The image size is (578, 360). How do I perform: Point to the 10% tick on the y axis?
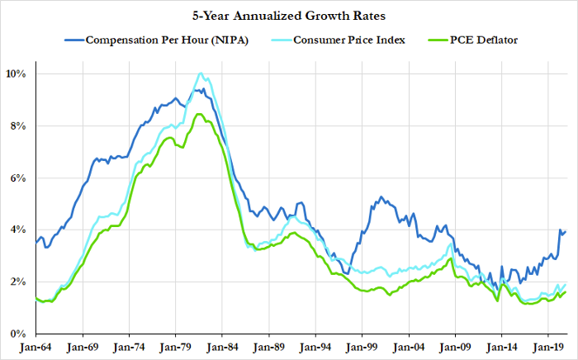[x=17, y=74]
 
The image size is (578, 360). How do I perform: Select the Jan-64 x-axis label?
[x=40, y=348]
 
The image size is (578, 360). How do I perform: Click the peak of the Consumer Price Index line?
[x=201, y=73]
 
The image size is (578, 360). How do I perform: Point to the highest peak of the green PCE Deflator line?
[x=198, y=114]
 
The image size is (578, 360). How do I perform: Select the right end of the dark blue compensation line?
[x=566, y=231]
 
